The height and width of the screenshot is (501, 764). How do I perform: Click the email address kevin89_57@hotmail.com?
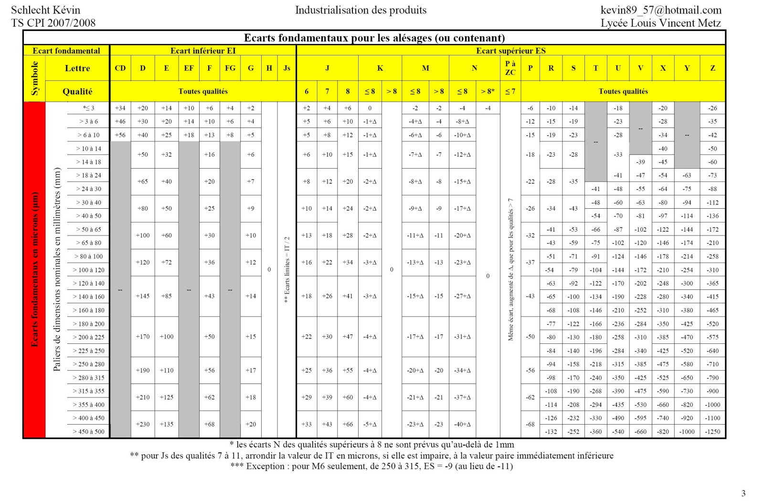[660, 10]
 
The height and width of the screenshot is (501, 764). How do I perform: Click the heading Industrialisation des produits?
[361, 10]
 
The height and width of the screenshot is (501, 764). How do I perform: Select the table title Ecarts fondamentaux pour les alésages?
[374, 38]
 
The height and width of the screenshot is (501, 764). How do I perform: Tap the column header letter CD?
[120, 68]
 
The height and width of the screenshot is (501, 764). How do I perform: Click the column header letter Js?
[286, 68]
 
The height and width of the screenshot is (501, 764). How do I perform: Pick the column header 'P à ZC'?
[510, 68]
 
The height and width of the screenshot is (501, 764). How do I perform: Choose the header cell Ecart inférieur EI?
[203, 51]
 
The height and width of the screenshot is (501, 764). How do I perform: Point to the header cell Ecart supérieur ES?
[510, 51]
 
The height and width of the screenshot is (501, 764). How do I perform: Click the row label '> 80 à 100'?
[88, 256]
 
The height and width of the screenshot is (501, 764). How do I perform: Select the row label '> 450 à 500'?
[88, 432]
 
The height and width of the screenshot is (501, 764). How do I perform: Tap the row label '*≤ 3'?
[89, 108]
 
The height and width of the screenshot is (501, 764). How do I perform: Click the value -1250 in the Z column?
[712, 432]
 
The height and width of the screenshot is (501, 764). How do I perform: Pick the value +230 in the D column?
[143, 424]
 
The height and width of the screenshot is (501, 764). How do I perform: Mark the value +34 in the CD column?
[120, 108]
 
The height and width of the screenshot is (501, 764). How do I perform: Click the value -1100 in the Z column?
[712, 418]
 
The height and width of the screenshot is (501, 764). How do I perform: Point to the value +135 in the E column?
[166, 424]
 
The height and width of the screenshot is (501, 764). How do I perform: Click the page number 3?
[743, 493]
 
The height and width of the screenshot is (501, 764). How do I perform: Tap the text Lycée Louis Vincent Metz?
[660, 23]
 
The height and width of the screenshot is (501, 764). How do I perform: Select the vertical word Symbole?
[34, 78]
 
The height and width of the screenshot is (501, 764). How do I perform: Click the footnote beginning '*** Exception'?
[371, 466]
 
